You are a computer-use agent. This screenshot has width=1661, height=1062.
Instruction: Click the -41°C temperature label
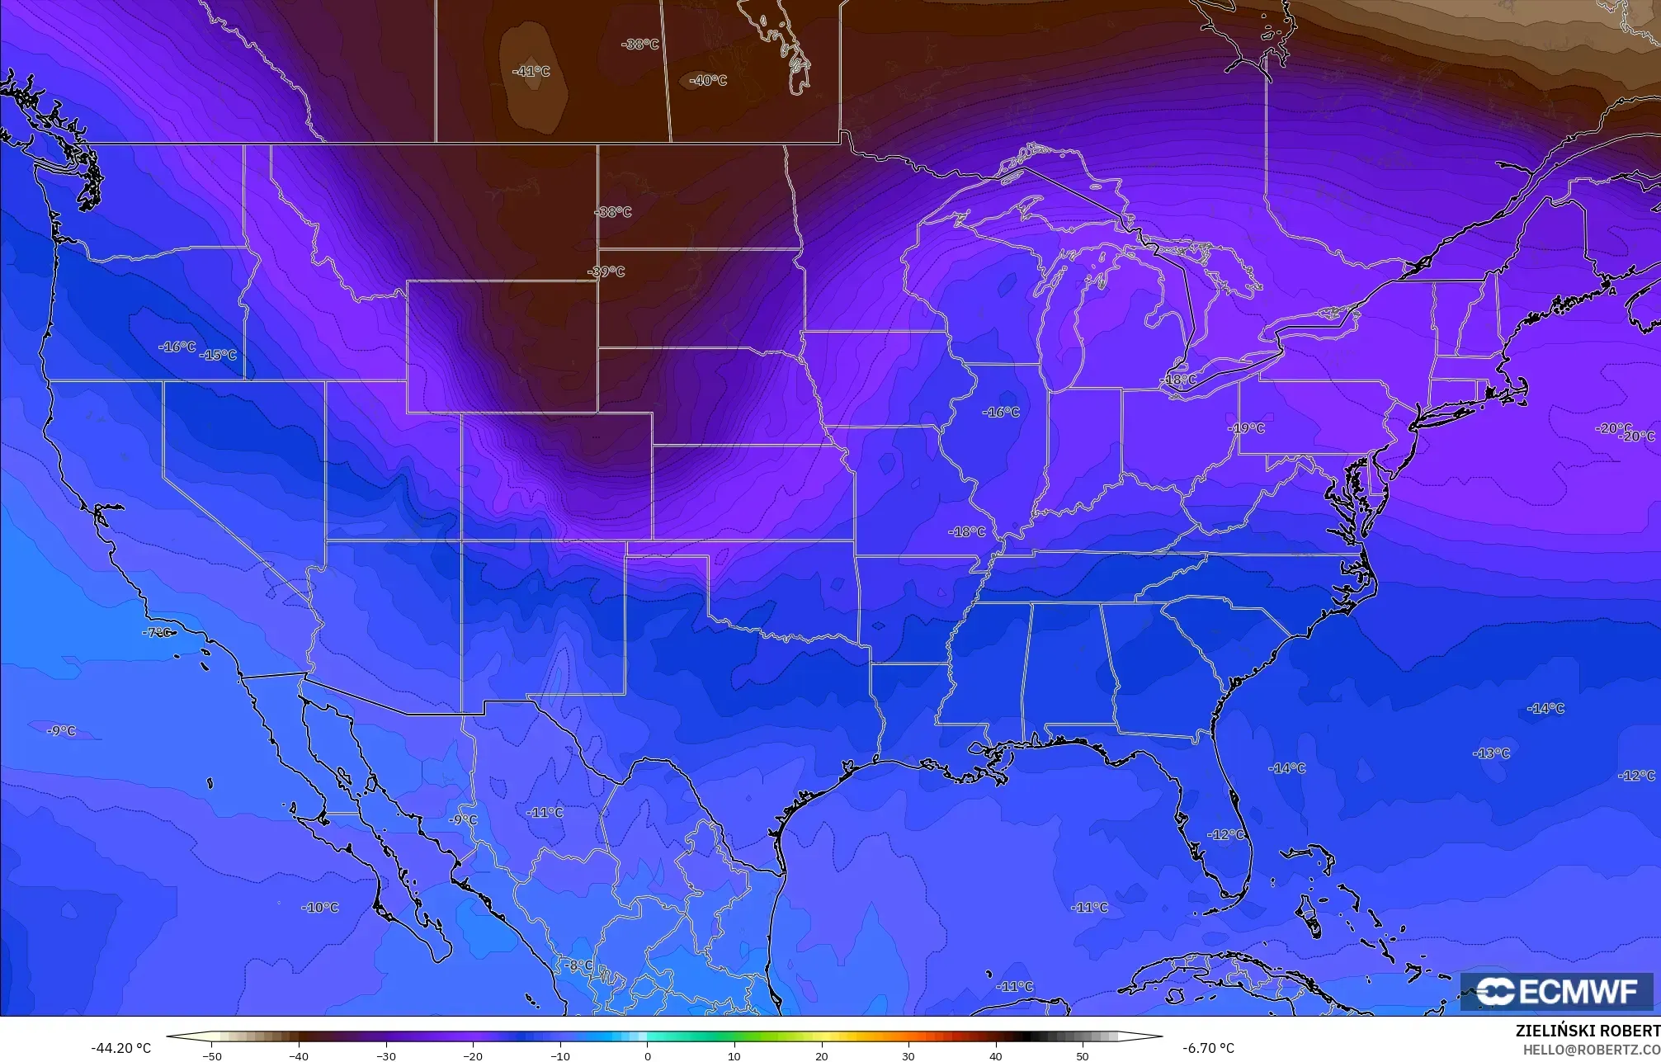[531, 72]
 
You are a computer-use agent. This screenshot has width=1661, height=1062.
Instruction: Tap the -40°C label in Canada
[708, 81]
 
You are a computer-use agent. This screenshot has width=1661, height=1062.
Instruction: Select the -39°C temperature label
[606, 271]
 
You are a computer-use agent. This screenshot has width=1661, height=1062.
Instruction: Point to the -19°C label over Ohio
[1246, 428]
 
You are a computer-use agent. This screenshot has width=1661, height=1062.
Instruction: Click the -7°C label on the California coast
[157, 633]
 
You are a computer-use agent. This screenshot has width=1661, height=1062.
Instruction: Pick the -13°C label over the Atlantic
[1491, 753]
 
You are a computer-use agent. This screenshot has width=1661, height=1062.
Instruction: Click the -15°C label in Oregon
[218, 355]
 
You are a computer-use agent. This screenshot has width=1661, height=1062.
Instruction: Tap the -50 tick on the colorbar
[212, 1056]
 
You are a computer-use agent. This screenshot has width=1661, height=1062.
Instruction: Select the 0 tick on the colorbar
[647, 1056]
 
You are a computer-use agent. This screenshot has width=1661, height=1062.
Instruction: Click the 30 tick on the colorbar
[908, 1056]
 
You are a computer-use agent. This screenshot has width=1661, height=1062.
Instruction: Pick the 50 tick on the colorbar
[1083, 1056]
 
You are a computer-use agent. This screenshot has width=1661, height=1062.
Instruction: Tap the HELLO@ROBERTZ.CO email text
[1591, 1050]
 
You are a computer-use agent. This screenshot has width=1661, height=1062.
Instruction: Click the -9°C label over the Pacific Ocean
[60, 731]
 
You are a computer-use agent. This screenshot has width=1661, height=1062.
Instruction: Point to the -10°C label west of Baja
[320, 908]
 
